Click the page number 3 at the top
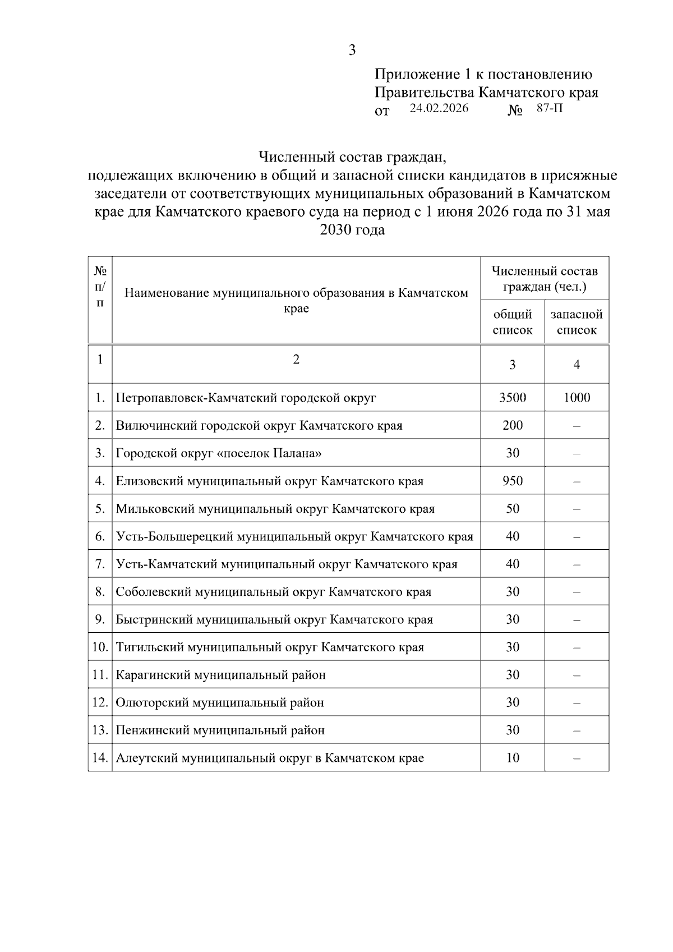tap(352, 50)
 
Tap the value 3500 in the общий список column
tap(513, 398)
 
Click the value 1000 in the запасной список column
tap(577, 398)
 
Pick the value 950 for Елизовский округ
tap(513, 481)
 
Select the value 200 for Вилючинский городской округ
tap(513, 425)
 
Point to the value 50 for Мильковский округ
tap(513, 509)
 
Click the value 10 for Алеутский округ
tap(513, 758)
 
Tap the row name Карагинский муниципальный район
tap(220, 675)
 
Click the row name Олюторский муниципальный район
tap(220, 702)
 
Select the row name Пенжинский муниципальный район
tap(220, 730)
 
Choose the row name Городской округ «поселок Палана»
tap(219, 453)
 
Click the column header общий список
tap(513, 322)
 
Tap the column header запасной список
tap(577, 322)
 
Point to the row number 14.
tap(100, 758)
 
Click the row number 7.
tap(100, 564)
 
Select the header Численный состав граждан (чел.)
tap(545, 279)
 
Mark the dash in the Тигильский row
tap(577, 647)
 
